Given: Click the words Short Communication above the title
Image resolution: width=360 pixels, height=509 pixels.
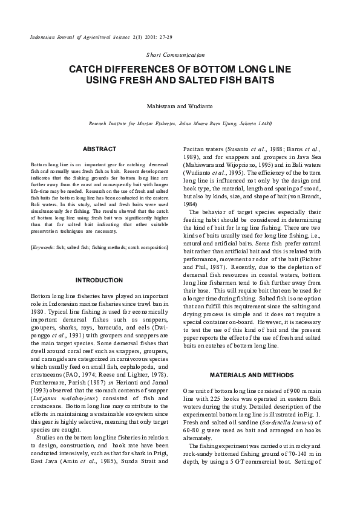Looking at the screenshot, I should tap(180, 55).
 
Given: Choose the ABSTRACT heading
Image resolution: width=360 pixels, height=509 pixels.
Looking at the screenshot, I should tap(99, 148).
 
